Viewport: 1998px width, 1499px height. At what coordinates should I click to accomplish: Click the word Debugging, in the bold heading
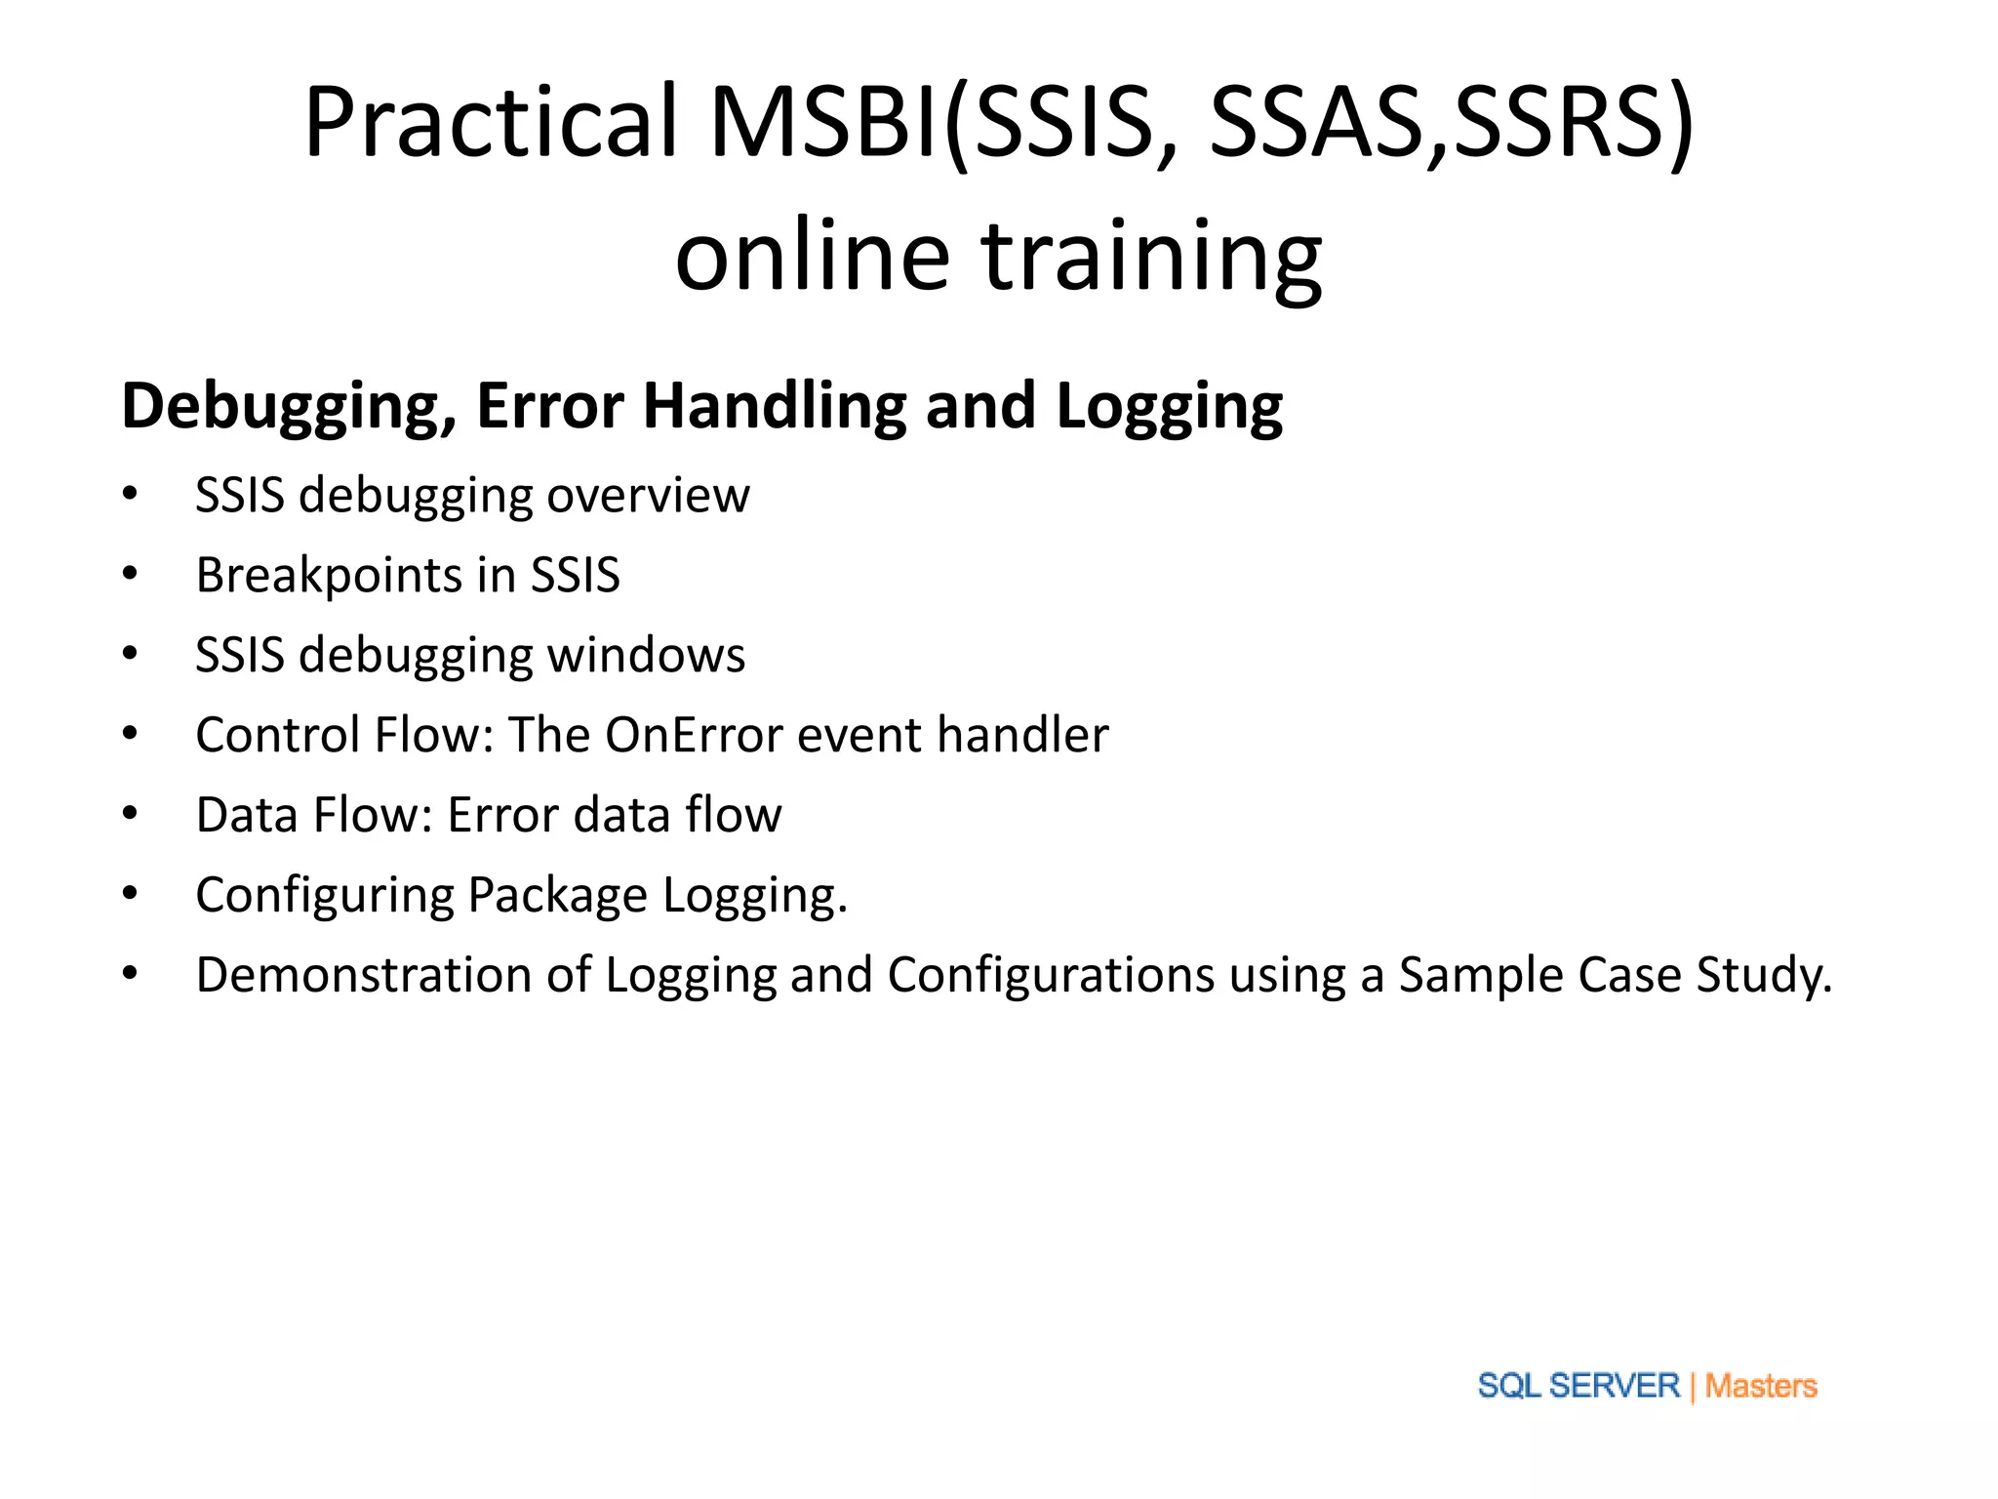(289, 407)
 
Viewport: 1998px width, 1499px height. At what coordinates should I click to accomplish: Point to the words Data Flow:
(313, 815)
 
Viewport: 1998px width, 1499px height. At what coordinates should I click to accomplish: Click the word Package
(557, 896)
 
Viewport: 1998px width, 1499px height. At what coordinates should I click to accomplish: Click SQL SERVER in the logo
(1578, 1386)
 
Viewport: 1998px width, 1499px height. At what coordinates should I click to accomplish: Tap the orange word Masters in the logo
(1760, 1386)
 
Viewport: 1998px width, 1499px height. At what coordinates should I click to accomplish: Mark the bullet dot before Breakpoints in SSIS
(130, 575)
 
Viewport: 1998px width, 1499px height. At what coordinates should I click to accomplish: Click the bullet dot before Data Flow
(130, 814)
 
